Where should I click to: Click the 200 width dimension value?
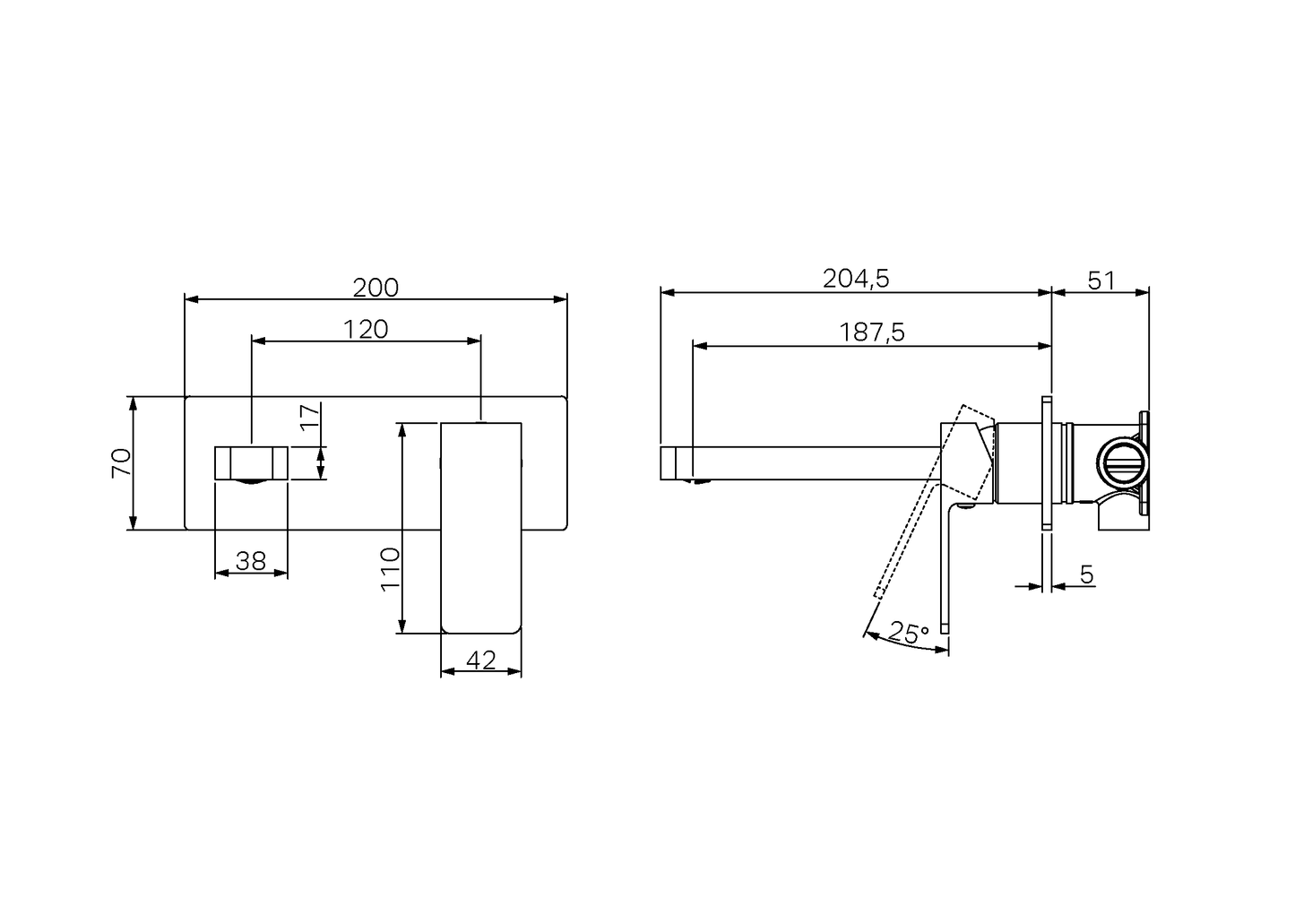point(376,288)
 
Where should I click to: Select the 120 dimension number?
point(366,330)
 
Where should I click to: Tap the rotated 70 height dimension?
point(122,462)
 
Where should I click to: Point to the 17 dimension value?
point(310,416)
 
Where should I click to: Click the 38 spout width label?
point(251,561)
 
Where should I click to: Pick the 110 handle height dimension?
point(390,569)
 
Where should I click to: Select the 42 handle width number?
point(481,660)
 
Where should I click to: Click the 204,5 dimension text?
point(856,279)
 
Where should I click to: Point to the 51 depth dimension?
point(1101,281)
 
